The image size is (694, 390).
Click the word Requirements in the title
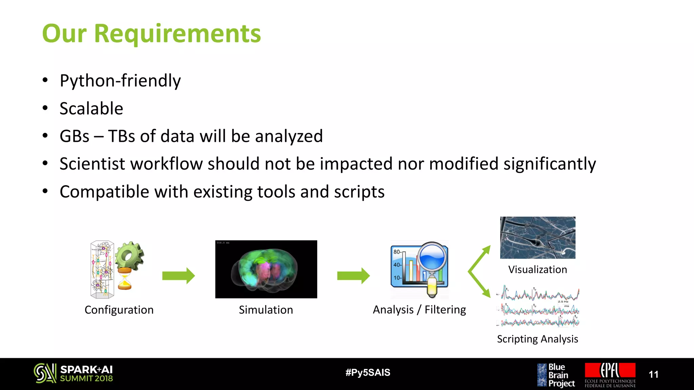(177, 34)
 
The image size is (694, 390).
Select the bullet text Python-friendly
(120, 81)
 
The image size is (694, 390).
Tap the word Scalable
(91, 109)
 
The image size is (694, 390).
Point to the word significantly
(549, 164)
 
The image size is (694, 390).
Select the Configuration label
(119, 310)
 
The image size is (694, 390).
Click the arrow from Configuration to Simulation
(178, 276)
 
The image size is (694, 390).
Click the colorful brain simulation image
(266, 269)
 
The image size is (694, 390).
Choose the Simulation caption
(266, 310)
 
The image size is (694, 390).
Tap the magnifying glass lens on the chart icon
(432, 256)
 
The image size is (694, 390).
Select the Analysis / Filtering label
(419, 309)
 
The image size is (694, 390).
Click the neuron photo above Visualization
(537, 238)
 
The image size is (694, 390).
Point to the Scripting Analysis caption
(537, 339)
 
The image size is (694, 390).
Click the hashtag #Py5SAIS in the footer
(368, 373)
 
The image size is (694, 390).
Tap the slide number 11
(653, 374)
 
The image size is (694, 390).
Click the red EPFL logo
(610, 370)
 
